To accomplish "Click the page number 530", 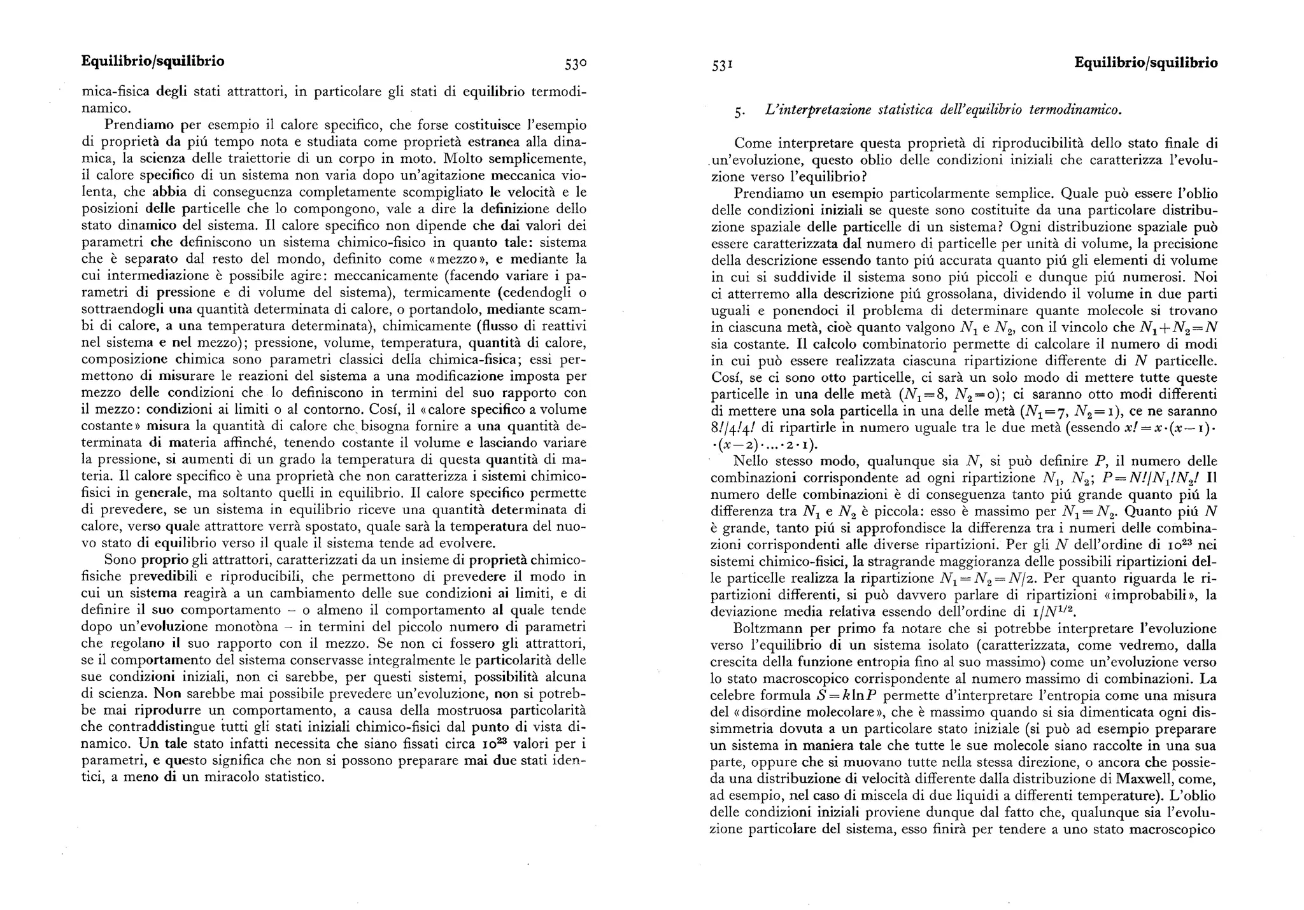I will pos(575,64).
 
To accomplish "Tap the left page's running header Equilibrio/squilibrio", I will pos(153,62).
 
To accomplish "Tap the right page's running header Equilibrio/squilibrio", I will pos(1145,63).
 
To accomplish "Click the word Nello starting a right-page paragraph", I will pos(751,461).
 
